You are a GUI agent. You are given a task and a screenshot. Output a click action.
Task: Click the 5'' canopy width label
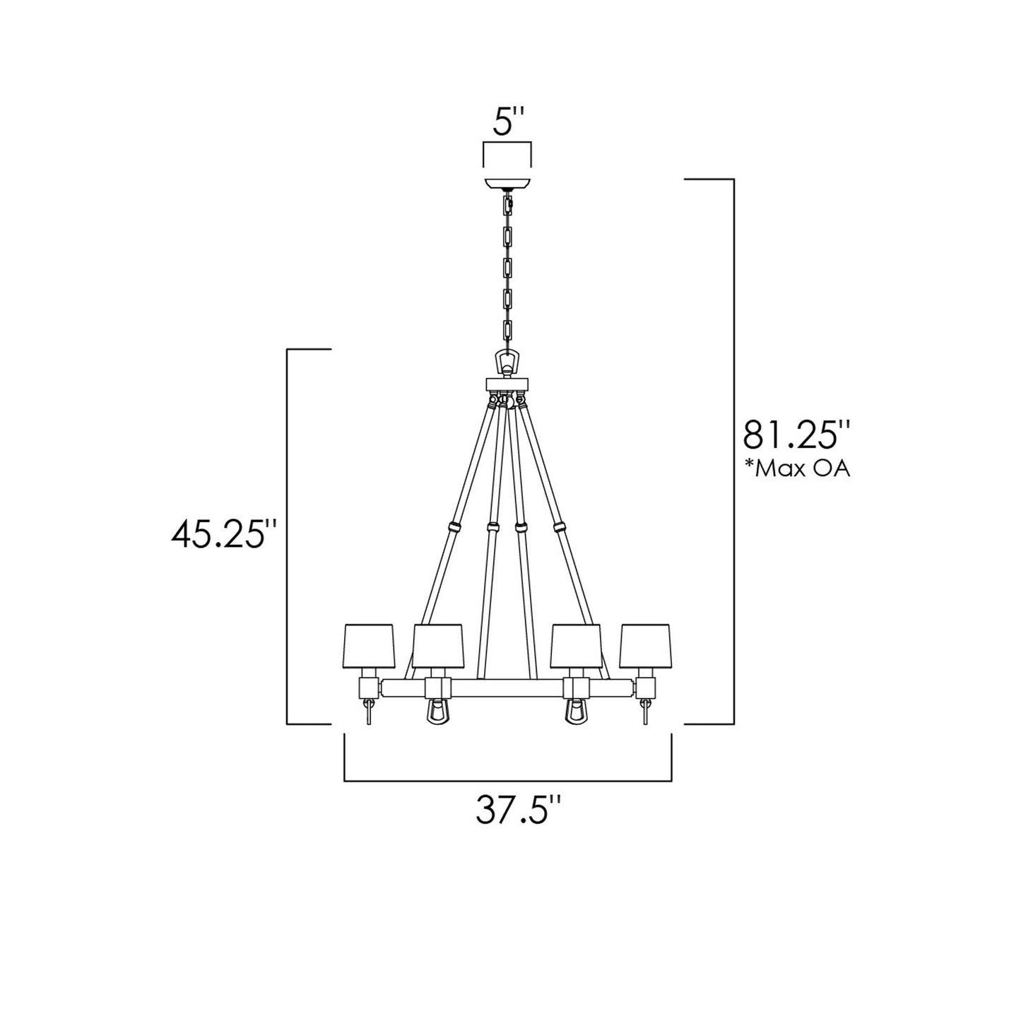(x=507, y=123)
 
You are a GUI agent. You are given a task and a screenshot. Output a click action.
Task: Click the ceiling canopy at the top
(x=507, y=183)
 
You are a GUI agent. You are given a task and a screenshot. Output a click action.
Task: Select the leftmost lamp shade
(x=368, y=646)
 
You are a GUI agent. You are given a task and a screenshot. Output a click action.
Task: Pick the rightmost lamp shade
(x=644, y=646)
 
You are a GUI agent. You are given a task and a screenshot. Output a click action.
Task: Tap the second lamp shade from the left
(x=437, y=646)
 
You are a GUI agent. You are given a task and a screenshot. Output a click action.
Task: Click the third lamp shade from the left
(x=576, y=646)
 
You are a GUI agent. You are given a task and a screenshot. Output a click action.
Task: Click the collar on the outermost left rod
(x=452, y=527)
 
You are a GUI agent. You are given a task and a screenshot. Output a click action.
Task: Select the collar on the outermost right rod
(x=560, y=527)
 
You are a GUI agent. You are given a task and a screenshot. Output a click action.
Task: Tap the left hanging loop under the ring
(x=437, y=712)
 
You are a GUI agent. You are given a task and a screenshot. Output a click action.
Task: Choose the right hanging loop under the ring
(x=576, y=712)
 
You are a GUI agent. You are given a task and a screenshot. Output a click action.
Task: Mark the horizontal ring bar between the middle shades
(x=507, y=686)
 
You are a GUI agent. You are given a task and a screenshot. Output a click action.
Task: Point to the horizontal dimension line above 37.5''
(x=507, y=781)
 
